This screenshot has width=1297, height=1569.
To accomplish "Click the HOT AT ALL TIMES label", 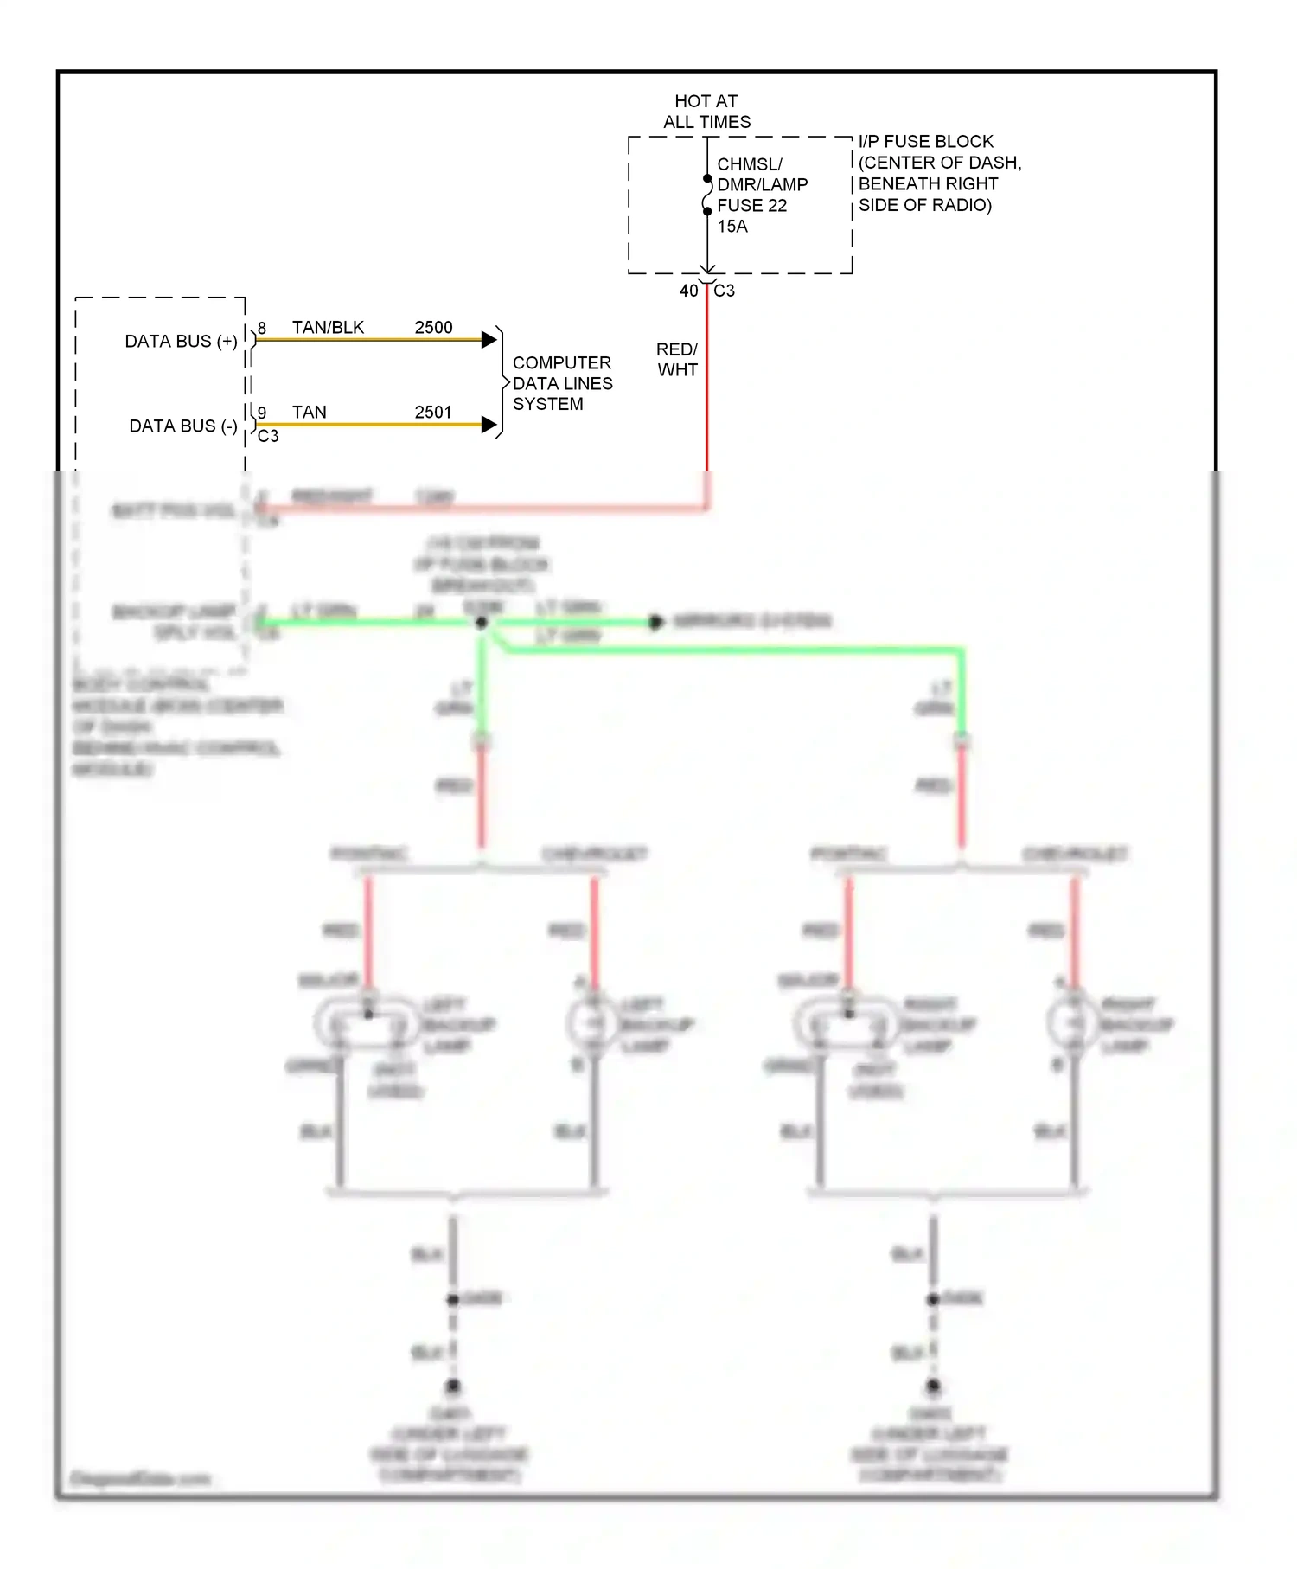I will coord(706,112).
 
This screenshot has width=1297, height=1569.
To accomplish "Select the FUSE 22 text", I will coord(751,206).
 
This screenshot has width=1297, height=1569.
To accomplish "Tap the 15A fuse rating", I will coord(732,227).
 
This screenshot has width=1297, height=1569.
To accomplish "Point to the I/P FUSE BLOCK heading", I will coord(925,142).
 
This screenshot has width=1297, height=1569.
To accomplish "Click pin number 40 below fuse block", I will coord(688,291).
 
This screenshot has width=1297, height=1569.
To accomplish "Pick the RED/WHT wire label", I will coord(677,360).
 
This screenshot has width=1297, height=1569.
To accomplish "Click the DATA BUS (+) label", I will coord(181,342).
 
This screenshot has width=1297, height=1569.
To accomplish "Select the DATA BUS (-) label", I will coord(182,426).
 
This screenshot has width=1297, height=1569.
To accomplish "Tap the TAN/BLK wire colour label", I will coord(328,328).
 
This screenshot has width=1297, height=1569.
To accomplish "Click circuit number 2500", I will coord(433,328).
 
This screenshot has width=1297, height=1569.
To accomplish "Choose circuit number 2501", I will coord(433,413).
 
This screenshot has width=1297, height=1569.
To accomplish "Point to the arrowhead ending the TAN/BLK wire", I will coord(489,340).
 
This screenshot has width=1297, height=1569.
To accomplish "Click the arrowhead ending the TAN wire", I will coord(489,425).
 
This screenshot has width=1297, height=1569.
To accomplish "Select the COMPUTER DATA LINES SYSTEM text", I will coord(562,383).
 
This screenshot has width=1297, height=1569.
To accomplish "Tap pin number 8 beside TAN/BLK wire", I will coord(262,329).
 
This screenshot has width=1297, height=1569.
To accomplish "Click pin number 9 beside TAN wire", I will coord(262,413).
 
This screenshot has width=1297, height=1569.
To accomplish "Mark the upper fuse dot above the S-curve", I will coord(707,179).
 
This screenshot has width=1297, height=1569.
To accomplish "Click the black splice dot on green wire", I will coord(482,623).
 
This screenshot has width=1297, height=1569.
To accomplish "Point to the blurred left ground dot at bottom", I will coord(452,1386).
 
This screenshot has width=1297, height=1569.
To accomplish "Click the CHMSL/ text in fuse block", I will coord(749,164).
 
